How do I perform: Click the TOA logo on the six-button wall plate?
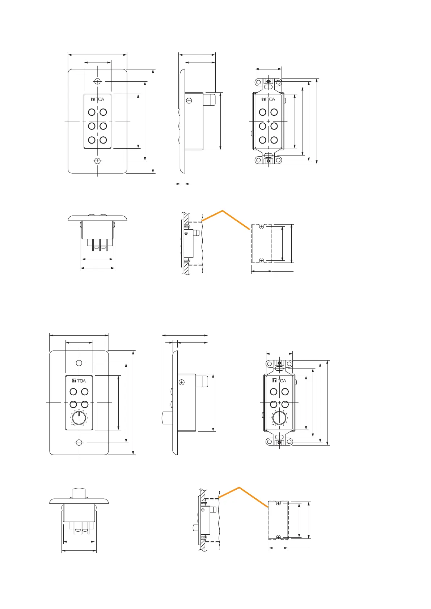[97, 99]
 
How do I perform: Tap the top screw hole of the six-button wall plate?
[97, 81]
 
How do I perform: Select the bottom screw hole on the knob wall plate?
[79, 442]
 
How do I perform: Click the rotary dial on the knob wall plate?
[79, 418]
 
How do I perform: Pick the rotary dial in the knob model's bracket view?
[279, 418]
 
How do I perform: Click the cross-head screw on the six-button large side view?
[189, 101]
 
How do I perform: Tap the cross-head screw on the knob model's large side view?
[182, 382]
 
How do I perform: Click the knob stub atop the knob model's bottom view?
[79, 493]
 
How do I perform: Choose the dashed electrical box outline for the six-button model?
[261, 243]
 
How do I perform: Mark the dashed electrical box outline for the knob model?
[278, 520]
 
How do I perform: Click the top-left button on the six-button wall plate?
[92, 112]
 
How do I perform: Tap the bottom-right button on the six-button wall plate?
[103, 140]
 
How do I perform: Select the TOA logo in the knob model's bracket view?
[279, 381]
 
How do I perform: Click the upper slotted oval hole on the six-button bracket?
[268, 87]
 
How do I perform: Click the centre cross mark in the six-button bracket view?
[268, 121]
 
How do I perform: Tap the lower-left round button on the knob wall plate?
[73, 404]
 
